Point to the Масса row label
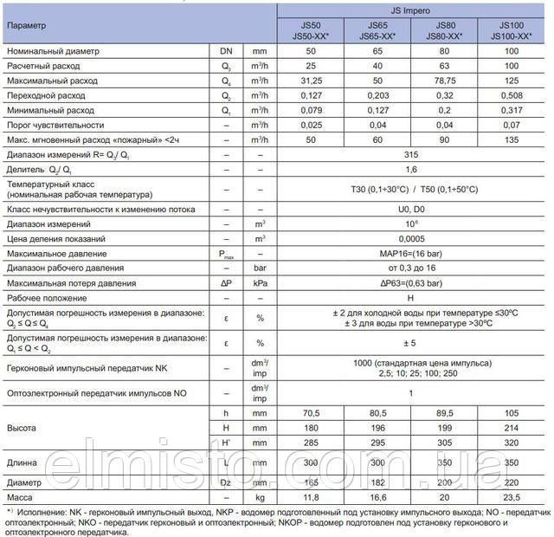pos(21,497)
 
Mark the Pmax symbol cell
pos(227,254)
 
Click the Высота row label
pos(23,427)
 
